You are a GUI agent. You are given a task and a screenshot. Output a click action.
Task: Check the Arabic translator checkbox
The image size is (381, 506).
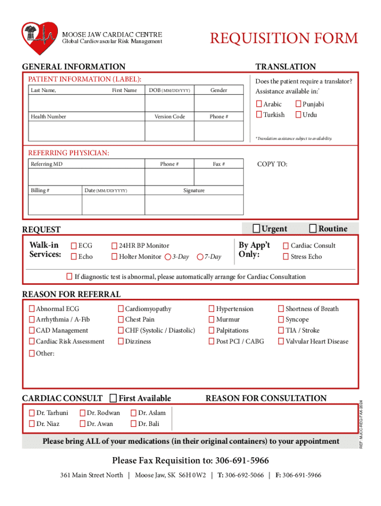(259, 104)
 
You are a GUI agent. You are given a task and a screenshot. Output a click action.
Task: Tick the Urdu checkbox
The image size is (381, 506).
(298, 115)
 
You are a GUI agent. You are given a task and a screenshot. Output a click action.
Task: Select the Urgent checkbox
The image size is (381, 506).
(256, 228)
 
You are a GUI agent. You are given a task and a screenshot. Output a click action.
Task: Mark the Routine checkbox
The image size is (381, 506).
(313, 228)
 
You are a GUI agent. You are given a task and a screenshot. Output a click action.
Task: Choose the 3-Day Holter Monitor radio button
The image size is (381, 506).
(168, 257)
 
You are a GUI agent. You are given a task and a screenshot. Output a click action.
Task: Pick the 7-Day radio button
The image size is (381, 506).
(200, 257)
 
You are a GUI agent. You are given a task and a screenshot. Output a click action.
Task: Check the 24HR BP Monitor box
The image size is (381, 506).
(114, 246)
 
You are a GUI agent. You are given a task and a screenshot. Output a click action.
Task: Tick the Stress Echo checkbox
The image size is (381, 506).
(286, 257)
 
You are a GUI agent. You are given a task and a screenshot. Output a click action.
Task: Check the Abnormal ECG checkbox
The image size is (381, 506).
(32, 309)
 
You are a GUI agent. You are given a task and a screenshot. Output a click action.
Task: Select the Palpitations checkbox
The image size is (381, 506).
(212, 331)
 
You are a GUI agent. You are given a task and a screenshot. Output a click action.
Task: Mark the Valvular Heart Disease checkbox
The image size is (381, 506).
(281, 341)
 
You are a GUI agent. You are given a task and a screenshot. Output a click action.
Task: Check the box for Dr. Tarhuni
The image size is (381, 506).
(32, 413)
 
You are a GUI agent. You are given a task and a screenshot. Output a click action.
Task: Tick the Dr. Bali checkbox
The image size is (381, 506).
(134, 424)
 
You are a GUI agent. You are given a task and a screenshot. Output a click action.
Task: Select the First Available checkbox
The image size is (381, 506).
(113, 398)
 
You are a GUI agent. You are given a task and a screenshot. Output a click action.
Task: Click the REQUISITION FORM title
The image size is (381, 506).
(284, 39)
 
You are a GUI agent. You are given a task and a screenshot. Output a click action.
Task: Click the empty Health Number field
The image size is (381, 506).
(86, 131)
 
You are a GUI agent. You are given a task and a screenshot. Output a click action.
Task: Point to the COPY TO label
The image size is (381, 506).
(272, 164)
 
